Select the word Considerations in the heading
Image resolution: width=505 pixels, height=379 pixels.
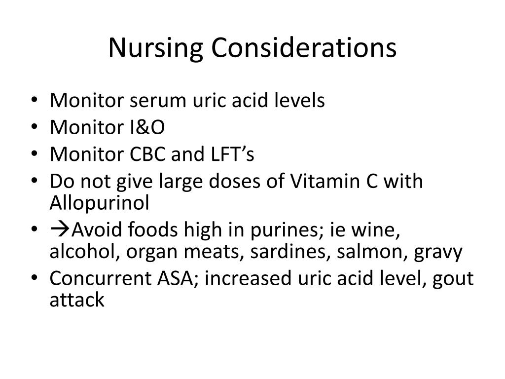point(304,48)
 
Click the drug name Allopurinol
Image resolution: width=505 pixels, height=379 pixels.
point(99,203)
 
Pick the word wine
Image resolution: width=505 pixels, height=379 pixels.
point(379,230)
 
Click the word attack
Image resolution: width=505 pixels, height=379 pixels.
point(77,300)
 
